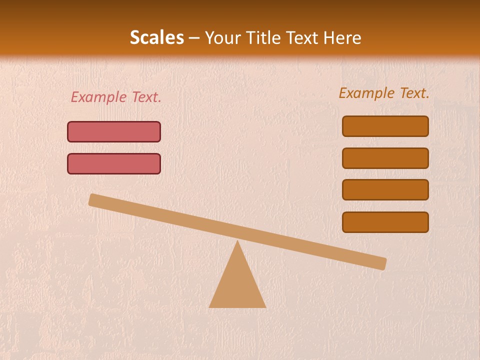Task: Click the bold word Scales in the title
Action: [157, 38]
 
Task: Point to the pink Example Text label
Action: [116, 97]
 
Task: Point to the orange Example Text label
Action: [384, 93]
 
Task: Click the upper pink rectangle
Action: [114, 132]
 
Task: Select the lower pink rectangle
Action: [114, 164]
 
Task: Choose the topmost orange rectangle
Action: [385, 126]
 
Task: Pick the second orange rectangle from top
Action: [385, 158]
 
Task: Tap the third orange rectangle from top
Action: [385, 190]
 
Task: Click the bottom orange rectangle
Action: [385, 222]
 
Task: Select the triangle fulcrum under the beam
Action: [237, 285]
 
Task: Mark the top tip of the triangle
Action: [237, 241]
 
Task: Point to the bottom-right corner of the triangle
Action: [265, 306]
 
